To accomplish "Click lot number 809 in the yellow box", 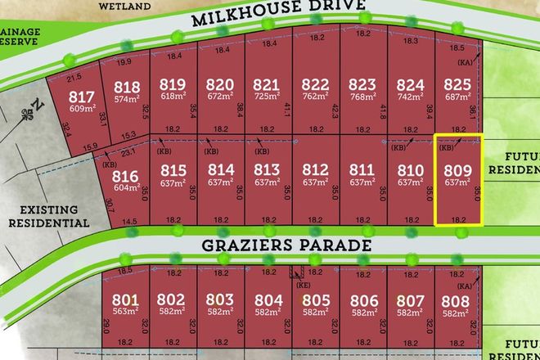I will [456, 172].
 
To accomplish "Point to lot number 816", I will [124, 175].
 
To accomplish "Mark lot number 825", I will [456, 84].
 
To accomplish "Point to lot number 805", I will [314, 299].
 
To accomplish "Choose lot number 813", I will [268, 169].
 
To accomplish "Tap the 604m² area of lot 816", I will [124, 188].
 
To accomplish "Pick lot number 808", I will [456, 299].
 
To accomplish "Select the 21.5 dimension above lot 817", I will [74, 76].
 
